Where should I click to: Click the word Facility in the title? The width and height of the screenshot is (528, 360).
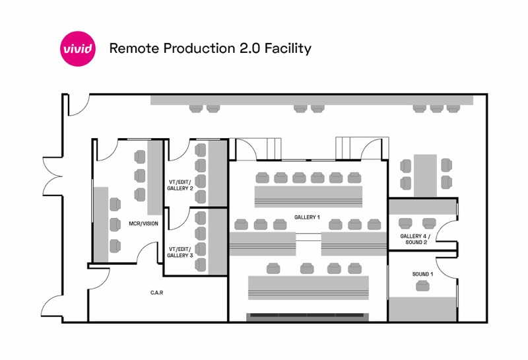tap(287, 49)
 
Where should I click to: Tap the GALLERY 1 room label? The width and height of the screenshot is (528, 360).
tap(307, 217)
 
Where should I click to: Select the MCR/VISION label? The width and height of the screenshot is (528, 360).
tap(143, 223)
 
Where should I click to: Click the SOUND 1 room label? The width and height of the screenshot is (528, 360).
tap(422, 273)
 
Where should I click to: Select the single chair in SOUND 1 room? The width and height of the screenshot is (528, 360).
tap(422, 286)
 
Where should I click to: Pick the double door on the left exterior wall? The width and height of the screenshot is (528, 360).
tap(53, 178)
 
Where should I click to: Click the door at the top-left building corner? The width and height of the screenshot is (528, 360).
tap(76, 106)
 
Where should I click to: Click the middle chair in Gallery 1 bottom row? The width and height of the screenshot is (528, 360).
tap(307, 268)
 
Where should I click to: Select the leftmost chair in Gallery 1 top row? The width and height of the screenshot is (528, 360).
tap(262, 177)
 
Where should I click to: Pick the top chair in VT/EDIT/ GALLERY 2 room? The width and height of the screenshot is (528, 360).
tap(201, 149)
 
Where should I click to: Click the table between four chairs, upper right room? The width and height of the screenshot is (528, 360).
tap(426, 172)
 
